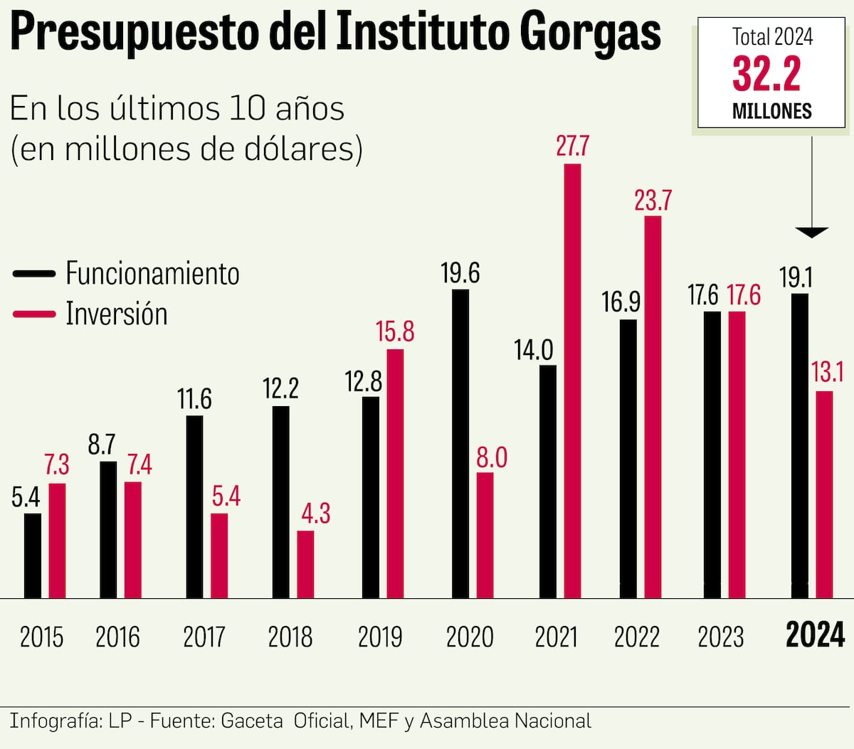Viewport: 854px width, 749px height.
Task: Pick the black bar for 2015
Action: tap(33, 556)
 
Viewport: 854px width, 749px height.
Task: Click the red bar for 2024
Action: tap(824, 494)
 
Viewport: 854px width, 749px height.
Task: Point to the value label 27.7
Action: tap(572, 146)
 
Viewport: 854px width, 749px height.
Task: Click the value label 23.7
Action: tap(653, 201)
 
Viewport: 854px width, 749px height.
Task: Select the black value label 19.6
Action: tap(460, 273)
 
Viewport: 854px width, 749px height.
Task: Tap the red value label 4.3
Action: tap(315, 513)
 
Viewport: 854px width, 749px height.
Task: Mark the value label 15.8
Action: tap(395, 332)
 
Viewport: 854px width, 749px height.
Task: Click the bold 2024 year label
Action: tap(815, 634)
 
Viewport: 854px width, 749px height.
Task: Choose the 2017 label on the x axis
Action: tap(204, 637)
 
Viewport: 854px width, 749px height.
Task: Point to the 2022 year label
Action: tap(637, 637)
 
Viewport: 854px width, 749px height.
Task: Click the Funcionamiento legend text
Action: tap(152, 274)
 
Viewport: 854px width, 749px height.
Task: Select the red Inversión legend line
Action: tap(33, 314)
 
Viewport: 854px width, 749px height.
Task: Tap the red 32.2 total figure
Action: tap(766, 74)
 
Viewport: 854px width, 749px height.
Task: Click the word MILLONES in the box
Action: tap(771, 111)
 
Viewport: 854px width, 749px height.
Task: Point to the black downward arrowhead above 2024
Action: tap(811, 233)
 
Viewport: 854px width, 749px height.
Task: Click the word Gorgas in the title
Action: tap(590, 32)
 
